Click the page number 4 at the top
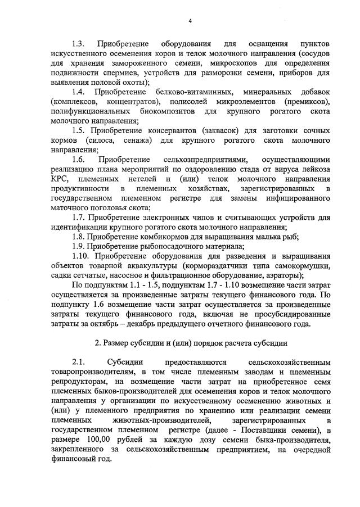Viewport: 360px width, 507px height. (190, 21)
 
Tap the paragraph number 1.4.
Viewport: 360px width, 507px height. (78, 92)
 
